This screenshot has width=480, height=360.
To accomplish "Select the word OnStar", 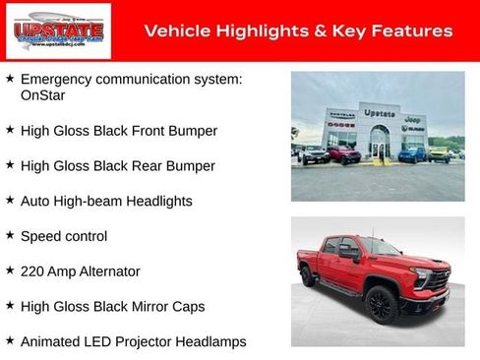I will coord(44,96).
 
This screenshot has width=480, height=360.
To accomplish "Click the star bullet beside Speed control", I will coord(10,236).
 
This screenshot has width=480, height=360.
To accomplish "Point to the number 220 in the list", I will coord(32,271).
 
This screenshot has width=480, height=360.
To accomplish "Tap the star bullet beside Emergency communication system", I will coord(10,78).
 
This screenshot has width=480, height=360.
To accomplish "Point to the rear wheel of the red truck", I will coord(308,276).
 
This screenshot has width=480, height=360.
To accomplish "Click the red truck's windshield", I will coord(379,247).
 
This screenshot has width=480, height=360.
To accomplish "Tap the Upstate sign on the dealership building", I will coord(379,113).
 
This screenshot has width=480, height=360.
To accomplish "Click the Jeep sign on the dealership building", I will coord(414,117).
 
